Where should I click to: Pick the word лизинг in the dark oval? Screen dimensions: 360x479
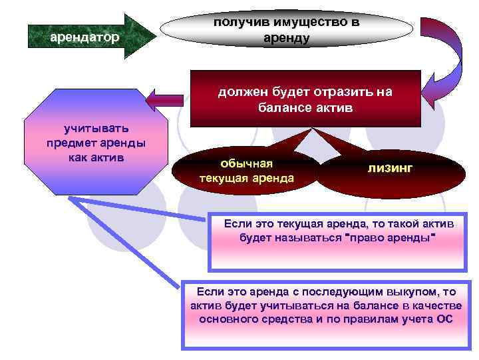[x=390, y=169]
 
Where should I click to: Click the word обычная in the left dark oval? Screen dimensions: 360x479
[x=247, y=163]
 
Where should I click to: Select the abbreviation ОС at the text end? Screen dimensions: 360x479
[x=444, y=319]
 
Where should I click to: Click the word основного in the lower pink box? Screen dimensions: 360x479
[x=228, y=319]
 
